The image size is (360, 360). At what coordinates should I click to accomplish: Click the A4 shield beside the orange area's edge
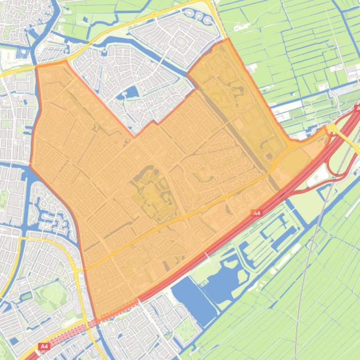tap(256, 213)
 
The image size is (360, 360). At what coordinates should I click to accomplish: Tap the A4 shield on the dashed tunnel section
tap(44, 346)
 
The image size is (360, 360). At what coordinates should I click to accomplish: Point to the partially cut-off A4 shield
tap(357, 108)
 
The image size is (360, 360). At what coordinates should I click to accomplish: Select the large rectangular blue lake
tap(194, 299)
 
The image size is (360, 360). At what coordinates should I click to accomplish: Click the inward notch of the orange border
tap(135, 137)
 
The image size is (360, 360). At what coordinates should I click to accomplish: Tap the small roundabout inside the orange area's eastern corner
tap(293, 145)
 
